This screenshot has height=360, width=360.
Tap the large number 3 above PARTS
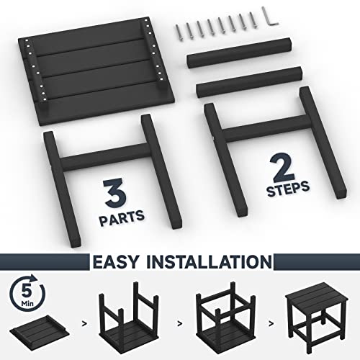point(114,194)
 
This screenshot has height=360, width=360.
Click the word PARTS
point(122,217)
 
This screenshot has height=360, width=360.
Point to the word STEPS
point(288,189)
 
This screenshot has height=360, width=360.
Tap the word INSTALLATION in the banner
point(210,261)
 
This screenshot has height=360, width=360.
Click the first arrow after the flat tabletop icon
point(84,324)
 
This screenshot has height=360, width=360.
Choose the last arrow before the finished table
point(271,324)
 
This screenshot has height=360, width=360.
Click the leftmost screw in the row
point(179,32)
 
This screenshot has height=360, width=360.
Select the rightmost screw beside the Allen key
point(253,20)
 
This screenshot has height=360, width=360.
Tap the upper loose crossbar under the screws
point(239,53)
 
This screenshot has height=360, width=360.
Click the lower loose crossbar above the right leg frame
point(249,82)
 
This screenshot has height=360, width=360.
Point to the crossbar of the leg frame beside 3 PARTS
point(104,157)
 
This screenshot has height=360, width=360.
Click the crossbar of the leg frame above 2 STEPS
point(265,129)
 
